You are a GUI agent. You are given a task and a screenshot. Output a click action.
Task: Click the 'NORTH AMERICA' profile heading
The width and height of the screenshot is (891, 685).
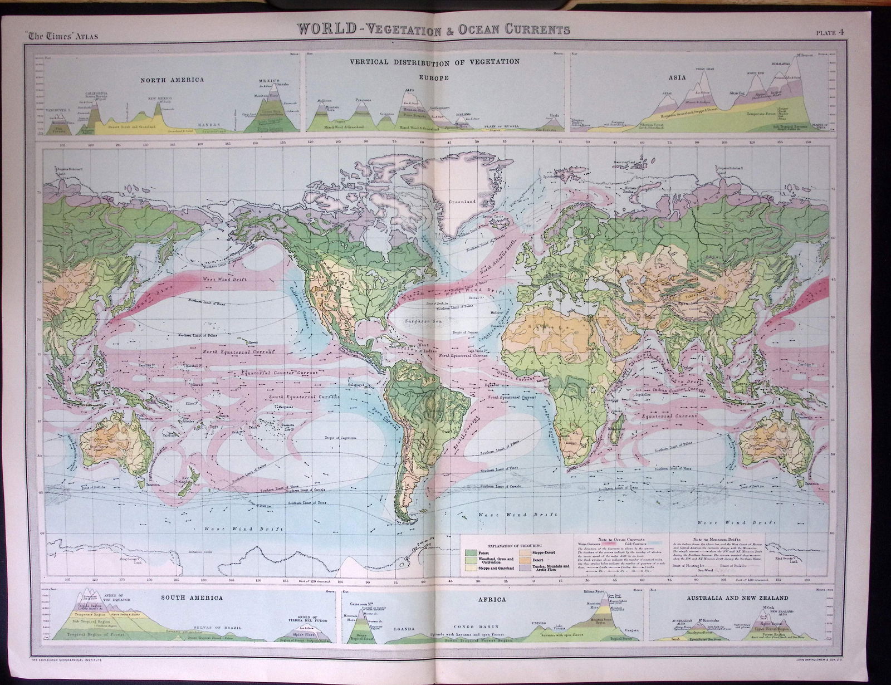pos(172,80)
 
